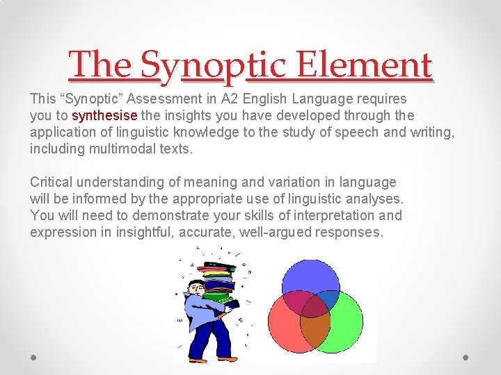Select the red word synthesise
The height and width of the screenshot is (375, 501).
coord(104,115)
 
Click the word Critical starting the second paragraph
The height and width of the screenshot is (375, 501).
coord(51,182)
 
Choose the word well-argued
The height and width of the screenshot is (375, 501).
coord(276,232)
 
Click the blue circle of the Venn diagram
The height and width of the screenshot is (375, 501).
coord(310,276)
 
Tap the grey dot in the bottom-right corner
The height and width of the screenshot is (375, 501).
coord(466,357)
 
